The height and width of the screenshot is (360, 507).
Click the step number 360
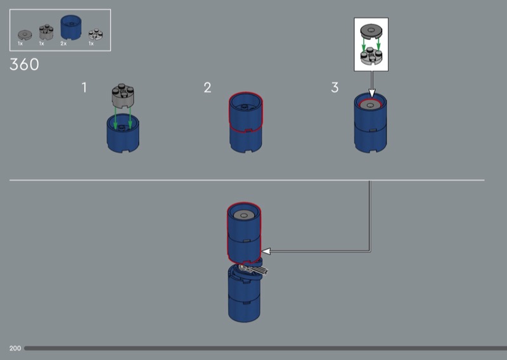(x=24, y=65)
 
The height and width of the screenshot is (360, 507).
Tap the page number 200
(x=15, y=349)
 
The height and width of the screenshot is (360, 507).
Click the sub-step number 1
(x=84, y=87)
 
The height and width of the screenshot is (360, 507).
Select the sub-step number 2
(x=208, y=87)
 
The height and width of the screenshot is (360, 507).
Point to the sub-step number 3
(x=335, y=87)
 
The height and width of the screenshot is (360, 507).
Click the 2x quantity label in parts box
(x=63, y=44)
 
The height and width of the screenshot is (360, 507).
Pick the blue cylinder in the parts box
(x=71, y=27)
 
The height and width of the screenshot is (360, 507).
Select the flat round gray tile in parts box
(x=25, y=35)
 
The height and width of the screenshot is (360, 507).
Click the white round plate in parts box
(x=96, y=34)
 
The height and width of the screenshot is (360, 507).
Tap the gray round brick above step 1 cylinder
(x=123, y=96)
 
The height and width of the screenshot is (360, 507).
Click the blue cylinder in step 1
(x=123, y=133)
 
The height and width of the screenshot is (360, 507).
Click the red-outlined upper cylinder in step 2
(x=246, y=112)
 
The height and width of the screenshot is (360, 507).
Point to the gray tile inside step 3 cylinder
(x=370, y=105)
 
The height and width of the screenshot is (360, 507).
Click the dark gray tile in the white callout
(x=371, y=30)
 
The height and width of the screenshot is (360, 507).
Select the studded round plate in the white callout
(x=371, y=56)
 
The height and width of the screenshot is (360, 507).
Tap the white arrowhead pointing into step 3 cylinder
(x=372, y=93)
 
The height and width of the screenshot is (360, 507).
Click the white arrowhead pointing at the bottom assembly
(x=266, y=251)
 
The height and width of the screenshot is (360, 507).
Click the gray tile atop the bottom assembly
(x=244, y=215)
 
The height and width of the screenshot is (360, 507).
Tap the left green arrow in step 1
(x=115, y=118)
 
